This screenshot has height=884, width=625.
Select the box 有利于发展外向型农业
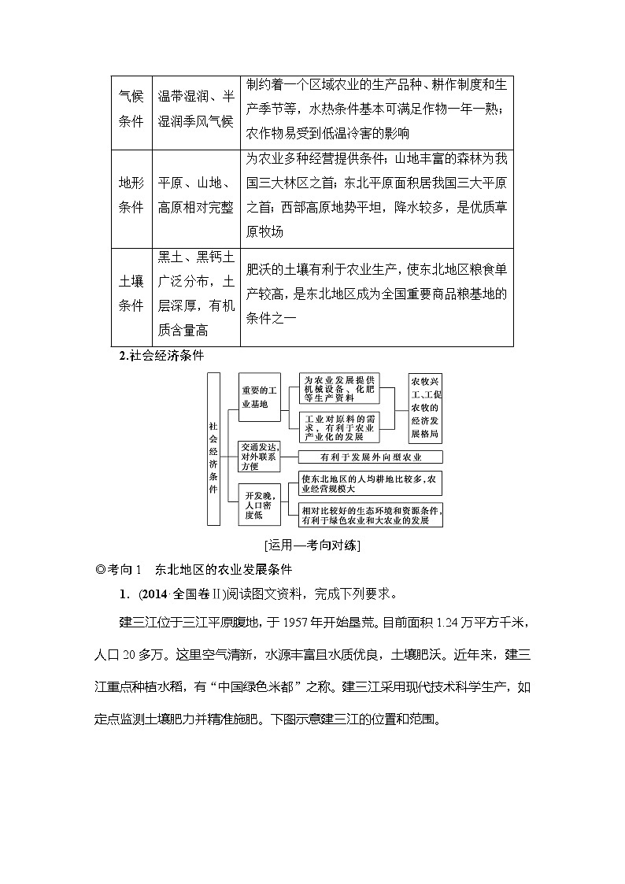point(371,457)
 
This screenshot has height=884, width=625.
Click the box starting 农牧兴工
point(426,408)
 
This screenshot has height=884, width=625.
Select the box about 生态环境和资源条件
point(371,515)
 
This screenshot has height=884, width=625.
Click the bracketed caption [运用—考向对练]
point(312,544)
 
